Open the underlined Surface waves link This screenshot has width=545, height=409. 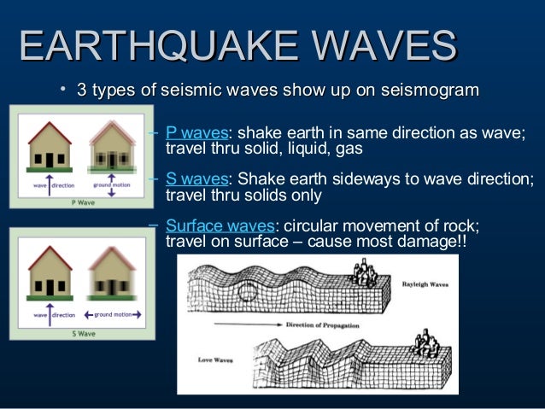[x=220, y=226]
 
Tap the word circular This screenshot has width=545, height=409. [x=315, y=226]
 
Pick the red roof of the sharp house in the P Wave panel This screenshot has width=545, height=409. [x=49, y=132]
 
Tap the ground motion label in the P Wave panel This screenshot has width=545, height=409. [x=110, y=184]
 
